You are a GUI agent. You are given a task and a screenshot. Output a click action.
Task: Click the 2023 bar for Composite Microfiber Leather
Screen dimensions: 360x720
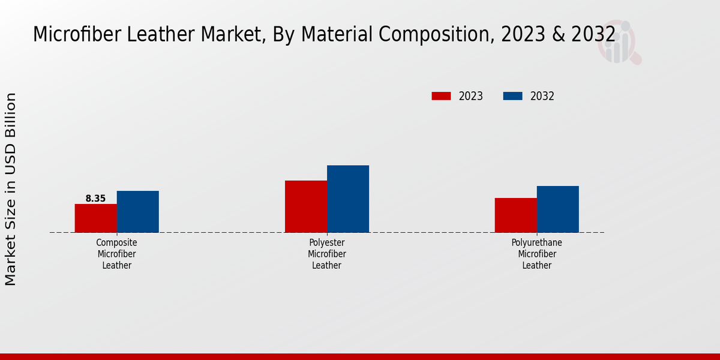[95, 218]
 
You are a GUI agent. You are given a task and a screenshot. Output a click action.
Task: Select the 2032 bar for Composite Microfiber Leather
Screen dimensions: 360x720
[138, 212]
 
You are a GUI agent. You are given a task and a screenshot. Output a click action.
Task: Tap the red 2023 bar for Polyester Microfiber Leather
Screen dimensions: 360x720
[306, 206]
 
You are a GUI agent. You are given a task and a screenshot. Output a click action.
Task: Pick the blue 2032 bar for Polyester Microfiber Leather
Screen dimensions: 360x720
[348, 199]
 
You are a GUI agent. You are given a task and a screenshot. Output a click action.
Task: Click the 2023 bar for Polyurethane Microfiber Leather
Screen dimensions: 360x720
[515, 215]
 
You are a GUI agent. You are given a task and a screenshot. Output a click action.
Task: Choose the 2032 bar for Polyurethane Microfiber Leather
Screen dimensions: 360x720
[558, 209]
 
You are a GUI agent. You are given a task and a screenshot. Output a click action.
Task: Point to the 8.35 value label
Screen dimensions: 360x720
[95, 199]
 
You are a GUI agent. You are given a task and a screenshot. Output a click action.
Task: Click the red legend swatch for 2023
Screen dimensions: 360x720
[441, 96]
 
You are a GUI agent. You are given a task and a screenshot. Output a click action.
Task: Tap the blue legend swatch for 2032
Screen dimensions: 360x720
[512, 96]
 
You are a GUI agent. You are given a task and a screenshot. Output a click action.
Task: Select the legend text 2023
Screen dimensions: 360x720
[471, 96]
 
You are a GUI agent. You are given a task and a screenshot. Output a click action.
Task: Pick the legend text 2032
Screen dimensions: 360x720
[542, 96]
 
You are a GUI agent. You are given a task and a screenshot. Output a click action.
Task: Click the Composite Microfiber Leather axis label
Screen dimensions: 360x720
[117, 254]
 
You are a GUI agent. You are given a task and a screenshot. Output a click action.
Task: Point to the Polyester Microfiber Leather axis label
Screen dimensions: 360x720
[327, 254]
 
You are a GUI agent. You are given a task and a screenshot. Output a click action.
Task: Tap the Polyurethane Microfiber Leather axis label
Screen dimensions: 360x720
[537, 254]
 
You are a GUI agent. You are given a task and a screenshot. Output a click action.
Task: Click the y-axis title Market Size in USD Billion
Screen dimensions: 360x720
[11, 189]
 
